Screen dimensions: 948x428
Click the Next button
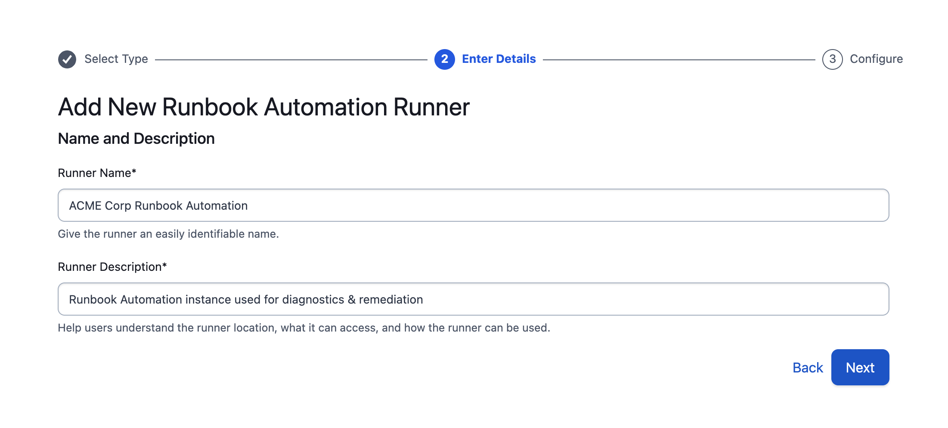point(860,367)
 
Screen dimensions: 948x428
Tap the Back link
point(808,368)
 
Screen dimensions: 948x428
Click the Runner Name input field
point(473,205)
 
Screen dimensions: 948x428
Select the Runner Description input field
point(473,299)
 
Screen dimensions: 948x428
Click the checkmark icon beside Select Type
point(67,59)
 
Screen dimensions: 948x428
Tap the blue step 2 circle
point(444,59)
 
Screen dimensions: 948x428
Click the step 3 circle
point(832,59)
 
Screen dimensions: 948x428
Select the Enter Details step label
point(499,59)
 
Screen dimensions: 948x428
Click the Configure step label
point(876,59)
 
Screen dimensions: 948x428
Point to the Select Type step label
point(116,59)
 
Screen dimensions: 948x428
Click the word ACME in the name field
point(85,206)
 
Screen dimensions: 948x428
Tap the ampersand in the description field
point(352,300)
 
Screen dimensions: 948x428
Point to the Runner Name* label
point(97,173)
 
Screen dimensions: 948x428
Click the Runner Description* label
point(112,267)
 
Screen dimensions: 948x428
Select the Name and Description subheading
point(136,139)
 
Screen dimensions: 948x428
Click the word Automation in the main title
point(325,107)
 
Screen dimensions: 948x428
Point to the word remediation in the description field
point(391,300)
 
